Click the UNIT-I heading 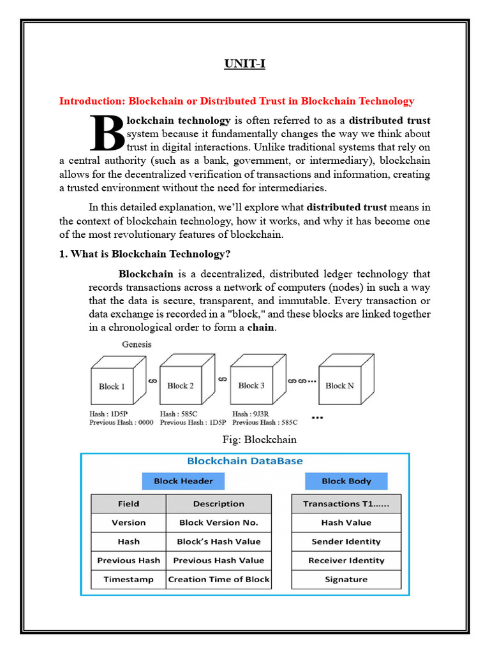point(244,64)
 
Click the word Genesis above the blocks point(137,344)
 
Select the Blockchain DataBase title point(244,460)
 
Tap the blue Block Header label point(183,481)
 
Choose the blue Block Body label point(346,481)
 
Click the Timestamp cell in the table point(128,580)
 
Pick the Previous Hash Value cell point(218,561)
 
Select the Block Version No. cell point(218,522)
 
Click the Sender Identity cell point(346,541)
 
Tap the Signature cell point(346,580)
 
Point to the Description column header point(218,504)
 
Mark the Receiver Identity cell point(346,561)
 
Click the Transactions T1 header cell point(346,504)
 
